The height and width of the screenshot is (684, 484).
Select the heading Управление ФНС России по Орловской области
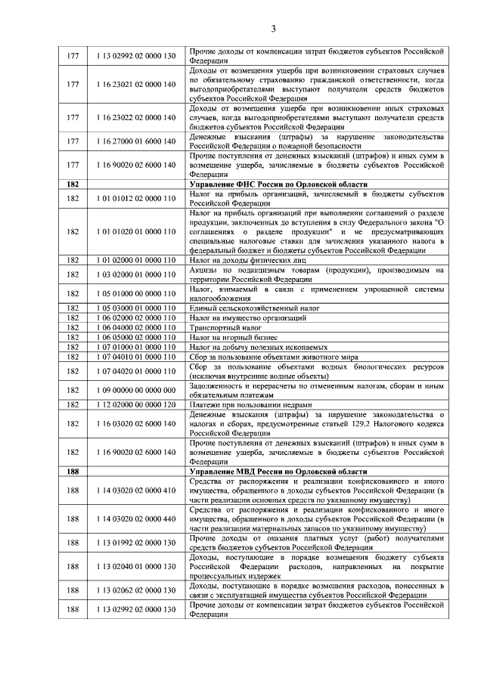pyautogui.click(x=277, y=184)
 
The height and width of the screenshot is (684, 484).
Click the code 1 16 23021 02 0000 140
pyautogui.click(x=136, y=84)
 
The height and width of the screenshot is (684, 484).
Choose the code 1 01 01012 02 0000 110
pyautogui.click(x=136, y=199)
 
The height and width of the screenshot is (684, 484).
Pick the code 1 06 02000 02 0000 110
pyautogui.click(x=136, y=318)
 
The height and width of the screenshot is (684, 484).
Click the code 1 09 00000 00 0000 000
pyautogui.click(x=136, y=390)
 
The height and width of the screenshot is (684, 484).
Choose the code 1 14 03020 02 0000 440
pyautogui.click(x=136, y=519)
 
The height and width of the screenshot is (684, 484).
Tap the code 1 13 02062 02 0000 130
pyautogui.click(x=136, y=590)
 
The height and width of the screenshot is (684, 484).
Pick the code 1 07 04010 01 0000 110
pyautogui.click(x=136, y=356)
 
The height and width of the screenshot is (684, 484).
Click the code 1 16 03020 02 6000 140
pyautogui.click(x=136, y=423)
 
